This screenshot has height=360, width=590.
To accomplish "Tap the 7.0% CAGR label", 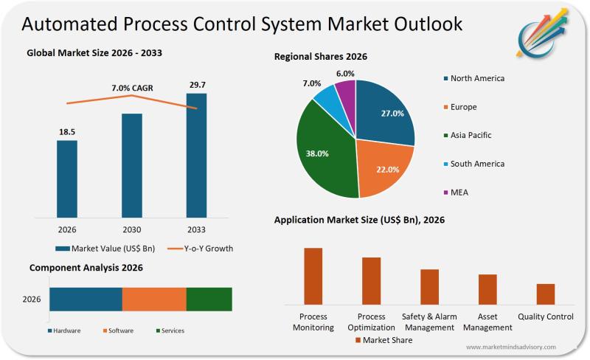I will point(132,88).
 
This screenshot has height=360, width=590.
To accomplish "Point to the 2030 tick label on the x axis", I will point(132,230).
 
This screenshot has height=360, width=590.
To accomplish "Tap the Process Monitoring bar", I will point(313,276).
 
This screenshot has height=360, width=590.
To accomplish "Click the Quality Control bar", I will point(546,294).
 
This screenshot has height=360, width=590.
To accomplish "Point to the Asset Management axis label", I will point(487,322).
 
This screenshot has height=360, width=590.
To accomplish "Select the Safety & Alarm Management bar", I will point(429,287).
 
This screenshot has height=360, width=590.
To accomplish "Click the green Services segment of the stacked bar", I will point(209,299).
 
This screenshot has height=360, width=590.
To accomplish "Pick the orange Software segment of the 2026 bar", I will point(154,299).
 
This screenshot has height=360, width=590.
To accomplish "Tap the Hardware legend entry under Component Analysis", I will point(64,330).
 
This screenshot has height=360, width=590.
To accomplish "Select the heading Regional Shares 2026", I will point(321,57).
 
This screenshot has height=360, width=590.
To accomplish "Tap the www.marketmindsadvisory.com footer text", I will point(510,347).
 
